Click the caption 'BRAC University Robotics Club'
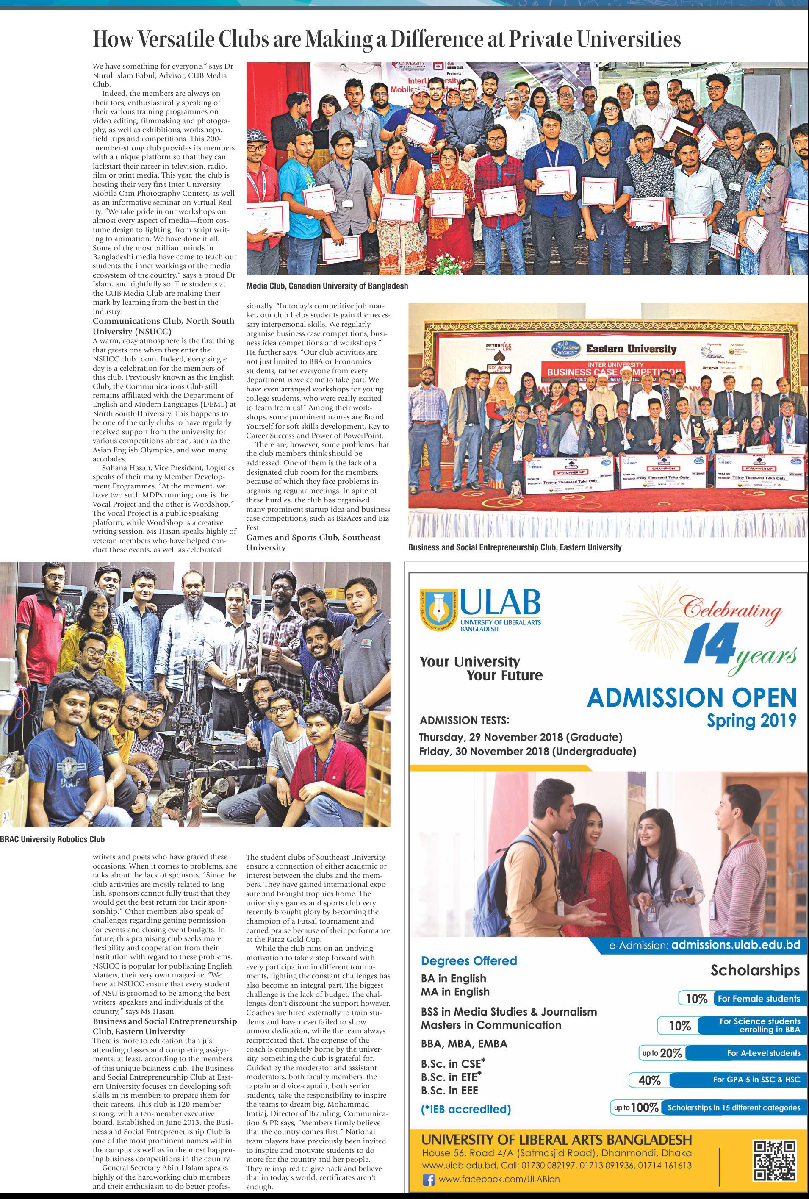[52, 839]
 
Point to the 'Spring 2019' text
[751, 720]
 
